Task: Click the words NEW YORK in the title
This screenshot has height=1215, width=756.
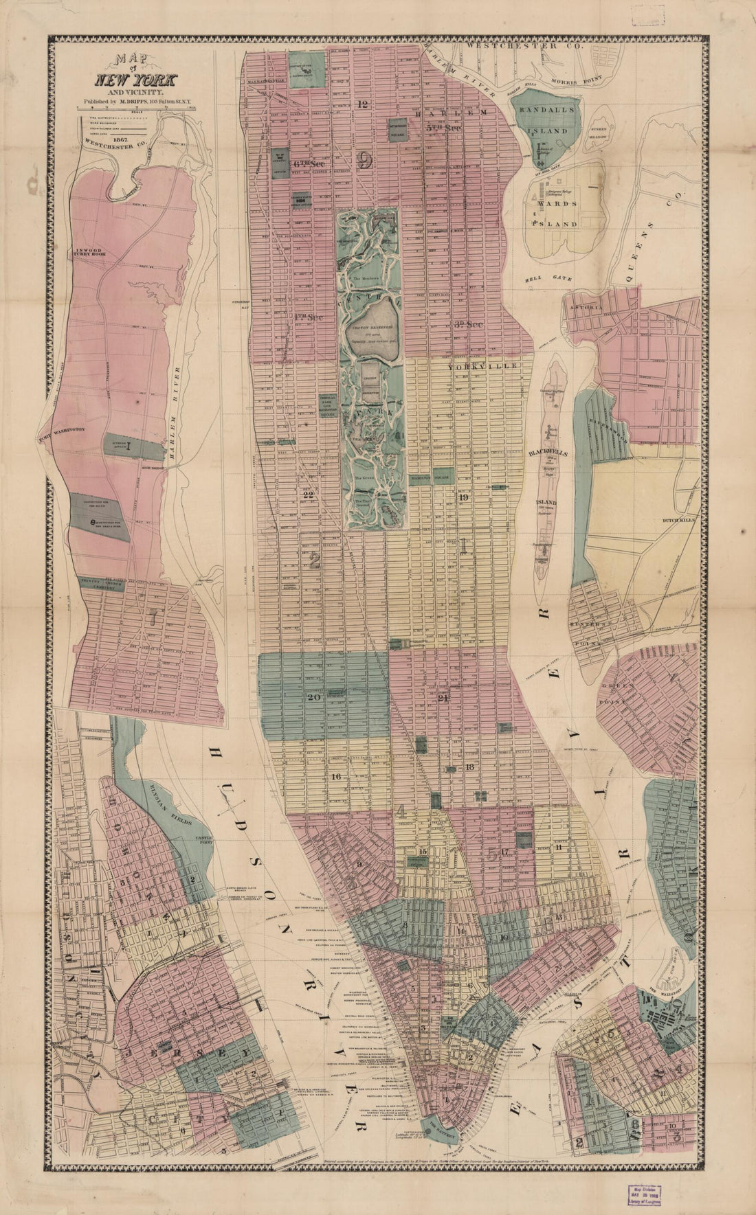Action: [x=128, y=79]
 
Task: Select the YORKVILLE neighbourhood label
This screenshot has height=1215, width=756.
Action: [x=471, y=367]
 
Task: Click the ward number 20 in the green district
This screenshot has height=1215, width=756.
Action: [x=314, y=697]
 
